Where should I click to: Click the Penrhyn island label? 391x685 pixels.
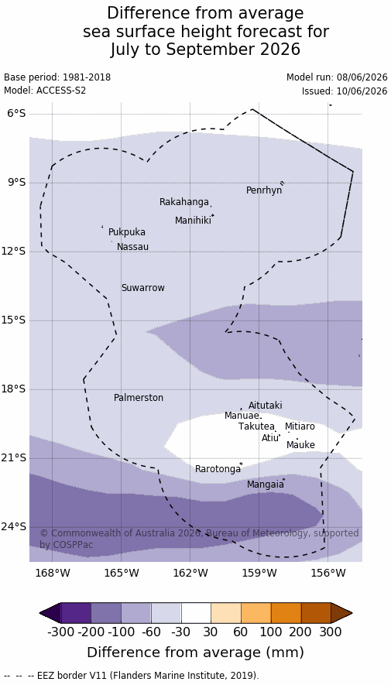pyautogui.click(x=264, y=190)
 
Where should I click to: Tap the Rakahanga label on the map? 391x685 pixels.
pyautogui.click(x=184, y=202)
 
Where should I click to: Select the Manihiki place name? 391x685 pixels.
pyautogui.click(x=193, y=221)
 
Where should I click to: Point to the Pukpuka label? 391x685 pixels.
pyautogui.click(x=127, y=232)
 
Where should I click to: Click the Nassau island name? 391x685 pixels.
pyautogui.click(x=132, y=247)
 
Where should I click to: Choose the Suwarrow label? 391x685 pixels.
pyautogui.click(x=143, y=288)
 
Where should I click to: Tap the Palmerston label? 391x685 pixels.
pyautogui.click(x=139, y=398)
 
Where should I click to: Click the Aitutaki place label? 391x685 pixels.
pyautogui.click(x=265, y=406)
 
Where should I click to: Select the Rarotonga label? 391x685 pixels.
pyautogui.click(x=218, y=469)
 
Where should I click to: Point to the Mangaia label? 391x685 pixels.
pyautogui.click(x=265, y=485)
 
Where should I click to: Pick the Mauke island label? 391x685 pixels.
pyautogui.click(x=300, y=445)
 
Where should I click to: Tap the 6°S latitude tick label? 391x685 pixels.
pyautogui.click(x=17, y=114)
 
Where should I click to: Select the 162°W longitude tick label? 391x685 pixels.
pyautogui.click(x=190, y=572)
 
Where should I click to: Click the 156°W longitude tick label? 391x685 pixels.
pyautogui.click(x=328, y=572)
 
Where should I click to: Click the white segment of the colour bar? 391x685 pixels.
pyautogui.click(x=196, y=613)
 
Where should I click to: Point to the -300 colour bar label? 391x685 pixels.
pyautogui.click(x=60, y=632)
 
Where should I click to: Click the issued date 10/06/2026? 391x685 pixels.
pyautogui.click(x=362, y=91)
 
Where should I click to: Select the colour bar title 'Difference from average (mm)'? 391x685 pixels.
pyautogui.click(x=195, y=652)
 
